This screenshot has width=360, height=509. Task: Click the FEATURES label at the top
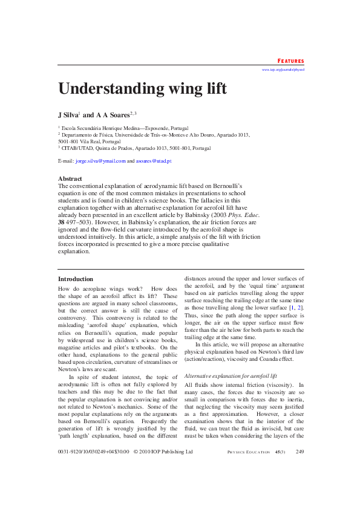[290, 61]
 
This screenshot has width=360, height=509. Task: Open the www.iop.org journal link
[283, 70]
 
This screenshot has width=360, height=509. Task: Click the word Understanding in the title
[108, 89]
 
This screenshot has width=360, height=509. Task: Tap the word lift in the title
[214, 89]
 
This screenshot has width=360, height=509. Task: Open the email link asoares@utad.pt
[154, 161]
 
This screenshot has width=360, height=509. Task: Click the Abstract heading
[70, 178]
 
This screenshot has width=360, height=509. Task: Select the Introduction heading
[76, 279]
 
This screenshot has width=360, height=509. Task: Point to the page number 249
[299, 468]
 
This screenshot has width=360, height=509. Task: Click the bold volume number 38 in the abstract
[61, 221]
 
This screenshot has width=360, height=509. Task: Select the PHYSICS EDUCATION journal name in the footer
[249, 468]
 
